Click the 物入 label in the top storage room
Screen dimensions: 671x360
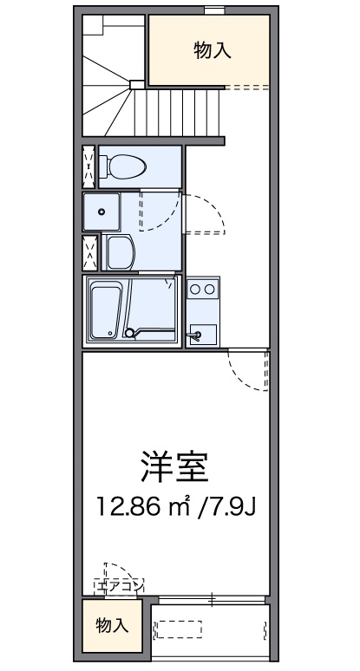pos(212,51)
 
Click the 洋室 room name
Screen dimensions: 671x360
pos(176,468)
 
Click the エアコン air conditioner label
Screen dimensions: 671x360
pos(120,585)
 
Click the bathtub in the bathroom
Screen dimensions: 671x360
pos(108,309)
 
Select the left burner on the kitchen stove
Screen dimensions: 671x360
pos(195,290)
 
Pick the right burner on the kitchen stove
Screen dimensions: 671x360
pos(209,290)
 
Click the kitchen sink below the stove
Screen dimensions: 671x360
pos(201,333)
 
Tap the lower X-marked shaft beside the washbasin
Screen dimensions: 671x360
pos(89,252)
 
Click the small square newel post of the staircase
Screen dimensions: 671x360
pos(136,84)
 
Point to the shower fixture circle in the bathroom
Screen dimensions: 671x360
pos(130,331)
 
